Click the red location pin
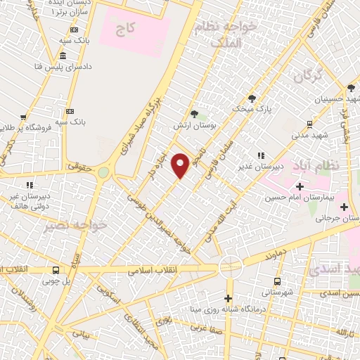pos(181,165)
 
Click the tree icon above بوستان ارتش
pos(195,113)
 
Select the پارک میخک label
pos(253,109)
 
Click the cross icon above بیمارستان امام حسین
pos(300,186)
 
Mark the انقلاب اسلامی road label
pos(154,270)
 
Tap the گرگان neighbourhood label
pos(307,75)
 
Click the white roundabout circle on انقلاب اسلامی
pos(229,267)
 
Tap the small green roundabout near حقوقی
pos(104,172)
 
